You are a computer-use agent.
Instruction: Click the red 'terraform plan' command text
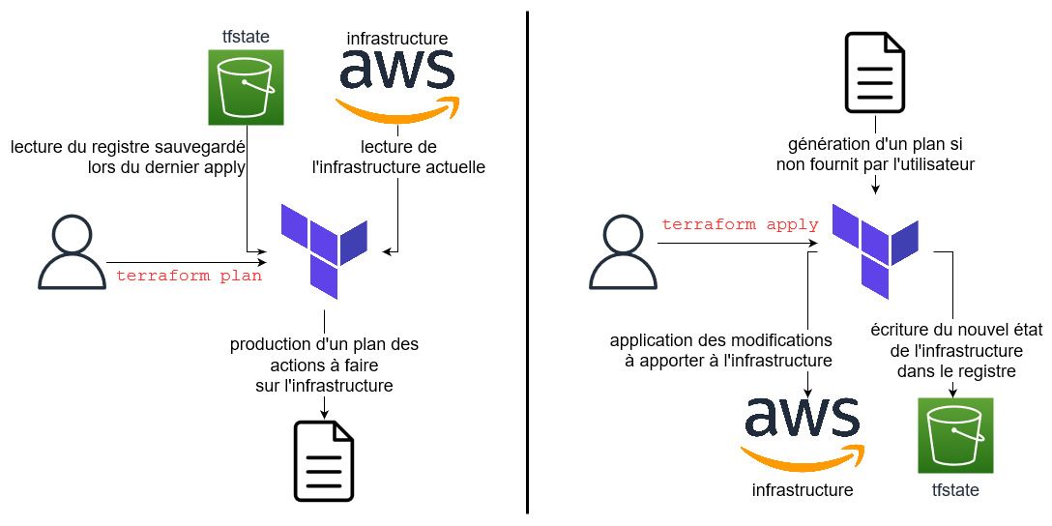click(189, 276)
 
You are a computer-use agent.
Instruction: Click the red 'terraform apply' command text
click(740, 224)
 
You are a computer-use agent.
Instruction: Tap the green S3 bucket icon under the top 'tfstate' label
click(246, 88)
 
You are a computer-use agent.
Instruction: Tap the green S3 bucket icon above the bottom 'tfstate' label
click(955, 436)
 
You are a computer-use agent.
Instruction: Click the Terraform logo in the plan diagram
click(324, 249)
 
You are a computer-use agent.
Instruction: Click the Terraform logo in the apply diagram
click(875, 249)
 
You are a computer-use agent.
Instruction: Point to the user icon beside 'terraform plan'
click(72, 253)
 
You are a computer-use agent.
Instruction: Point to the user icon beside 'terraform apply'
click(623, 253)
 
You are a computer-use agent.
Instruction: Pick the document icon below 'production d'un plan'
click(324, 461)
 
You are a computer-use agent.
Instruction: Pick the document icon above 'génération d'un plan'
click(875, 73)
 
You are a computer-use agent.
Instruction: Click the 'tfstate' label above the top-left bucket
click(246, 37)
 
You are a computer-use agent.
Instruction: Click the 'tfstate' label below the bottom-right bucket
click(955, 490)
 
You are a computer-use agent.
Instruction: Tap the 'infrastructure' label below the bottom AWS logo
click(803, 490)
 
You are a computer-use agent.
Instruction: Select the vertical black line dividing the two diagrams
click(527, 261)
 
